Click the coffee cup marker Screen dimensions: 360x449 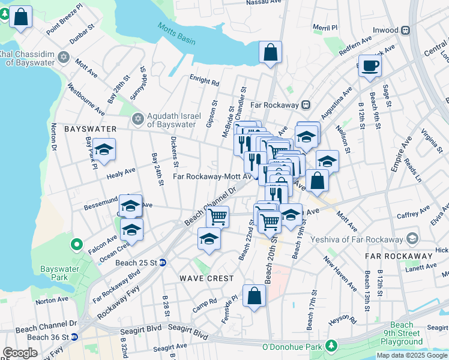(370, 65)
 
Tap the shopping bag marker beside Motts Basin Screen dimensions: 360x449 (271, 52)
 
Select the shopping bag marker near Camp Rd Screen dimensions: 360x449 (254, 296)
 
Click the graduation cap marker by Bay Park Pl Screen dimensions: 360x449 (104, 150)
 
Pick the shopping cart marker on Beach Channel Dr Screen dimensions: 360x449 (217, 216)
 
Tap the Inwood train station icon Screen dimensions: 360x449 (406, 30)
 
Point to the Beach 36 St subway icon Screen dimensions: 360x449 (74, 337)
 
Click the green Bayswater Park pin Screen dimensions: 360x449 (76, 245)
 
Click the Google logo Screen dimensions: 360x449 (20, 353)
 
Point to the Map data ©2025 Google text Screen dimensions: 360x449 (412, 355)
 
